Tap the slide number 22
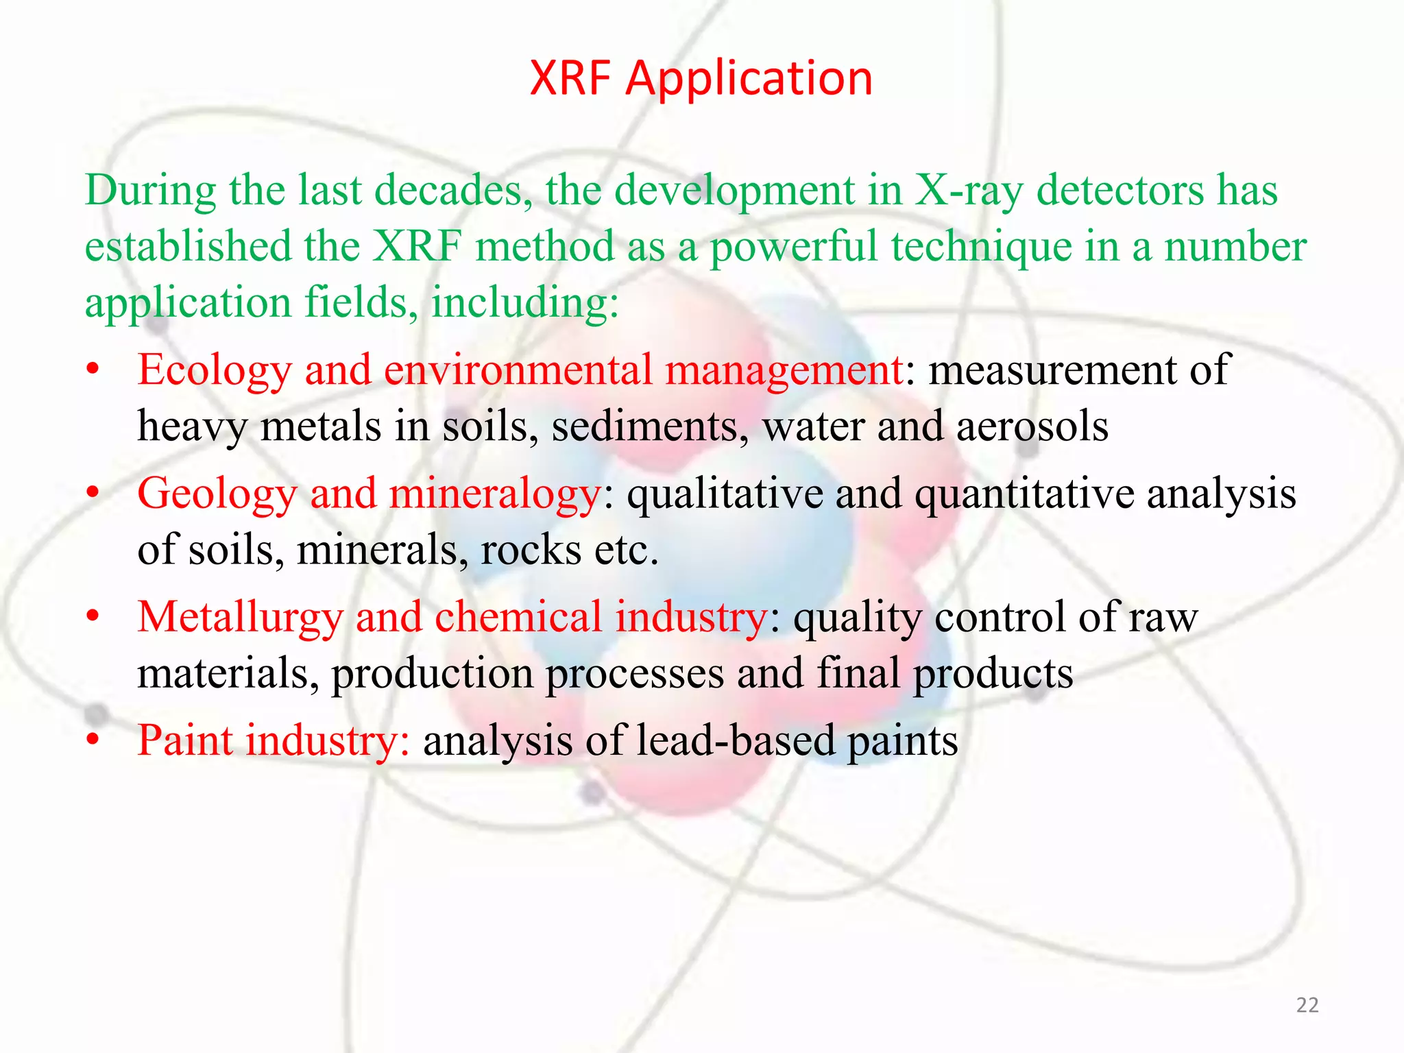tap(1307, 1005)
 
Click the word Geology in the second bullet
tap(217, 494)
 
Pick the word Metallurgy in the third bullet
tap(240, 618)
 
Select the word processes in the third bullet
tap(634, 673)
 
